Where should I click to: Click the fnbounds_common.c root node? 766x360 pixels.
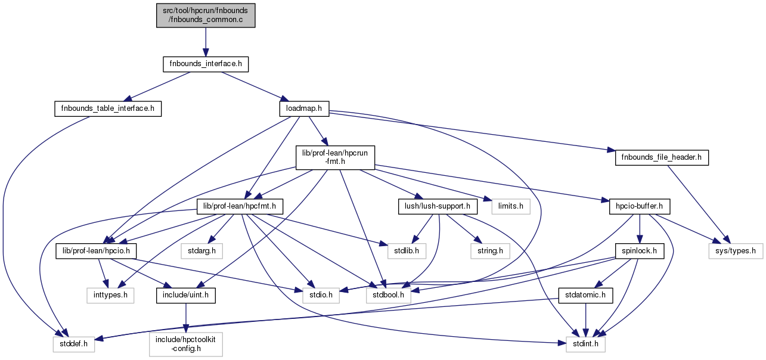(206, 14)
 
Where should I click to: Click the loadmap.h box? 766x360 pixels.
(304, 108)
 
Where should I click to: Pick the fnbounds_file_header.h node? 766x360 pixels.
(662, 158)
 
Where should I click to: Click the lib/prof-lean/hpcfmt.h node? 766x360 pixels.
(240, 206)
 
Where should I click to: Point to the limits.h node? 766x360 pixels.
(511, 206)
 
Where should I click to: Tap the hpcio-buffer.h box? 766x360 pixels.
(640, 206)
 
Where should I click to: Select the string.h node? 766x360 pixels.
(491, 250)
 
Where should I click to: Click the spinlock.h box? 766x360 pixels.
(640, 250)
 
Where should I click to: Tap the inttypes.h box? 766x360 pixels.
(109, 294)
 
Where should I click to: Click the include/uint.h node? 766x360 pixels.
(186, 294)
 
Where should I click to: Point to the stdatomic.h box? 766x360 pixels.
(586, 294)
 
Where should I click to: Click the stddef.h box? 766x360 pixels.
(72, 343)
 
